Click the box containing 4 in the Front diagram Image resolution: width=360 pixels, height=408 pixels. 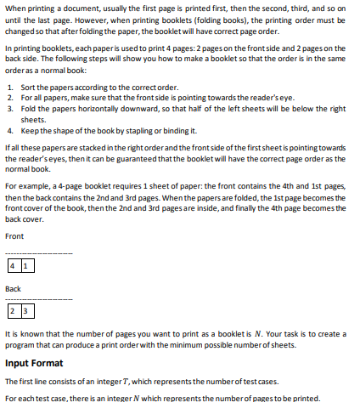coord(12,266)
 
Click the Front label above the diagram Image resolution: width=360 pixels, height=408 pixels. coord(14,235)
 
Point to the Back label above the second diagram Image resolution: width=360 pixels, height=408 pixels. coord(14,289)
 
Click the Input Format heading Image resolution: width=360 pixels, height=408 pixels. coord(34,364)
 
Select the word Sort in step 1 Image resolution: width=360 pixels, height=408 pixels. coord(25,87)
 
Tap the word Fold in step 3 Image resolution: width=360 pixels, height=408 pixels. coord(25,109)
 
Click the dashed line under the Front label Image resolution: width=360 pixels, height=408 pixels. coord(39,253)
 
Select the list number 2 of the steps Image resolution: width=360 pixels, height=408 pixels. coord(8,98)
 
